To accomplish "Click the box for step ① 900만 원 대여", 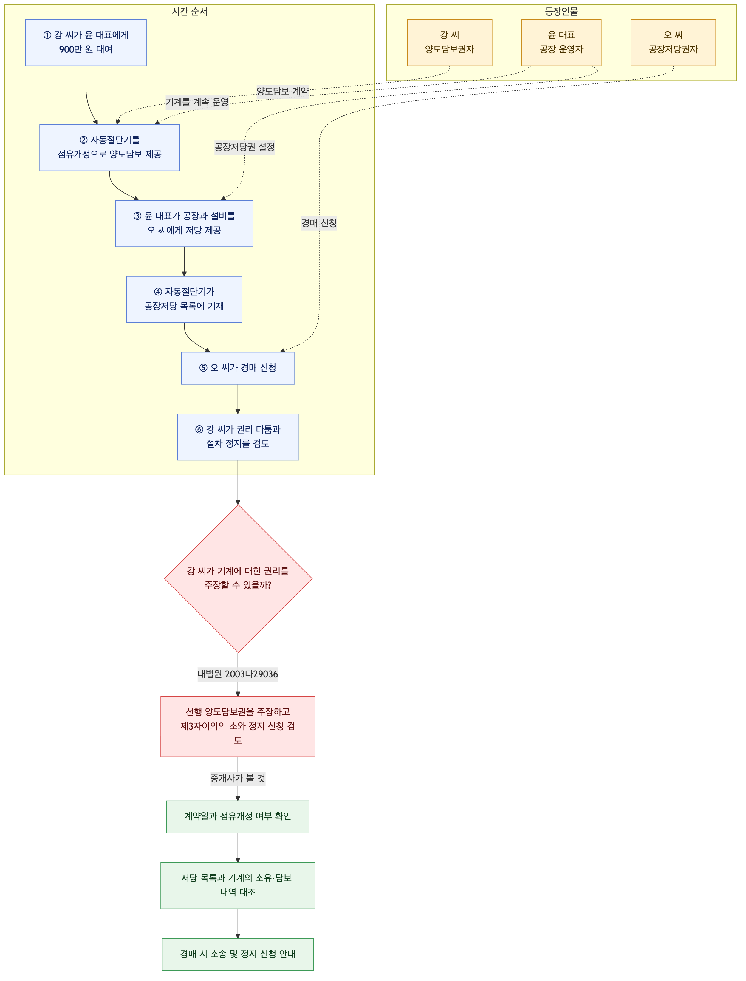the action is pos(86,43).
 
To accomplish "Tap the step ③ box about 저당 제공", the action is pos(184,223).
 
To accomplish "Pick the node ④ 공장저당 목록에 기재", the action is pos(184,299).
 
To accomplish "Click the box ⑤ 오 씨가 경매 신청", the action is pos(238,368).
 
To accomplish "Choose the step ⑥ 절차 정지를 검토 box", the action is pos(238,437).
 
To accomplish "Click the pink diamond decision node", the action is pos(238,579).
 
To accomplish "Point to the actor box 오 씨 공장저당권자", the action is pos(673,43).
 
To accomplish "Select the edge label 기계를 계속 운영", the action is pos(197,102).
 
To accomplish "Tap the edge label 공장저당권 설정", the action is pos(245,147).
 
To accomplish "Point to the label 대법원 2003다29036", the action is pos(238,674).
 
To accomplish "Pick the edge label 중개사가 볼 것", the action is pos(238,779).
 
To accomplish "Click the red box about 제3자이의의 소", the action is pos(238,727).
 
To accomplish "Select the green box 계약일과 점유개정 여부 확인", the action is pos(238,817).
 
